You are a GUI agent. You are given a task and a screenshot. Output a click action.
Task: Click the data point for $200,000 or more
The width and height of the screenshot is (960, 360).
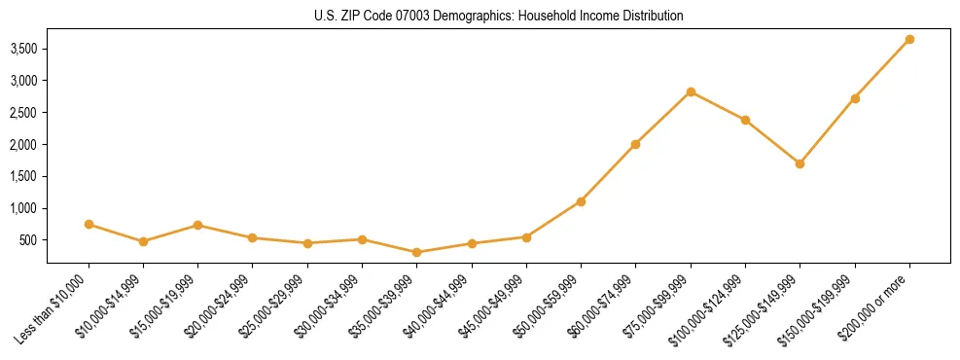pyautogui.click(x=909, y=39)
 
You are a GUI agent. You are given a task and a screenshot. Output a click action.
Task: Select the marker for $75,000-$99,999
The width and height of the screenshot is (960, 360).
pyautogui.click(x=691, y=91)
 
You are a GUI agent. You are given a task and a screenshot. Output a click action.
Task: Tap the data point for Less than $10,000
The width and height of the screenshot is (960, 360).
pyautogui.click(x=89, y=224)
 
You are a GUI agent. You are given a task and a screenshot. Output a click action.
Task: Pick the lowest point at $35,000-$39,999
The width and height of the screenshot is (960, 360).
pyautogui.click(x=417, y=252)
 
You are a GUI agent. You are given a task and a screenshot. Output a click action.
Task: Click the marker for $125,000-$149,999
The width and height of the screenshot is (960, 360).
pyautogui.click(x=800, y=163)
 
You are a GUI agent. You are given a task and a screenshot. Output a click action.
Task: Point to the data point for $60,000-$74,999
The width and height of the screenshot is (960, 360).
pyautogui.click(x=635, y=144)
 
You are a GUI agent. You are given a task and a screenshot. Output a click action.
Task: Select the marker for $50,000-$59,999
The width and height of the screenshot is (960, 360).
pyautogui.click(x=581, y=201)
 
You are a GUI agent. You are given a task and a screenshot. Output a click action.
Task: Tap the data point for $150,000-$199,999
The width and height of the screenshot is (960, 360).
pyautogui.click(x=855, y=98)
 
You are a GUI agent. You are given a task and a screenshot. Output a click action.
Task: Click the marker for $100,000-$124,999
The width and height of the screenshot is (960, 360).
pyautogui.click(x=745, y=120)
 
